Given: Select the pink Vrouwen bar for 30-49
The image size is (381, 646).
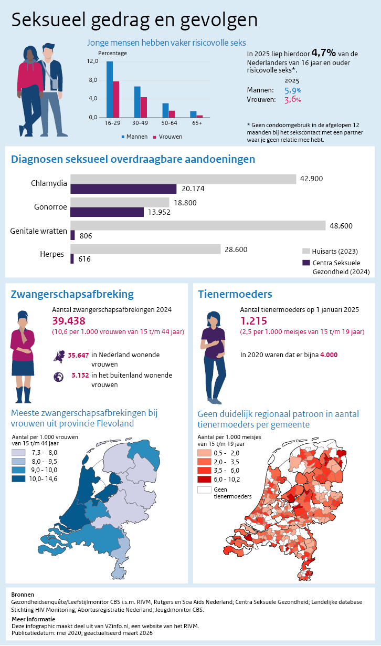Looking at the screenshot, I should tap(144, 107).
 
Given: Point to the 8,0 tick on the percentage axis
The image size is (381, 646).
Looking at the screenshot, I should tap(92, 80).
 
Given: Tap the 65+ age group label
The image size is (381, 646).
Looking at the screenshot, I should tap(197, 123).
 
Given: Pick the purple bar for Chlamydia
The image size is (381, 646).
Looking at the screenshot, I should tap(123, 189).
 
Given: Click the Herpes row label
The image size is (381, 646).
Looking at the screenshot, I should tap(52, 254).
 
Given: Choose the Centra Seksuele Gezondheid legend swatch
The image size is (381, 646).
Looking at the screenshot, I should tap(306, 263).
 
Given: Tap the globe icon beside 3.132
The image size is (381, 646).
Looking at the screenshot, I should tap(58, 376).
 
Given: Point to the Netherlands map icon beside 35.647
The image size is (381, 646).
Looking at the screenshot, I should tap(58, 356).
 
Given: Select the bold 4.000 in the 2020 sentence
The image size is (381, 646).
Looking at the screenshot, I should tap(327, 355).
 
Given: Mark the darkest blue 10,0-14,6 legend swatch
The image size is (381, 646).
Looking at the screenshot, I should tap(19, 478).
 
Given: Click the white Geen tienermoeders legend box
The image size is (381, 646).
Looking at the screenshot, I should tap(204, 489).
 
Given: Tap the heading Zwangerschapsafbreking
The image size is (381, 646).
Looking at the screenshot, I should tap(72, 294).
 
